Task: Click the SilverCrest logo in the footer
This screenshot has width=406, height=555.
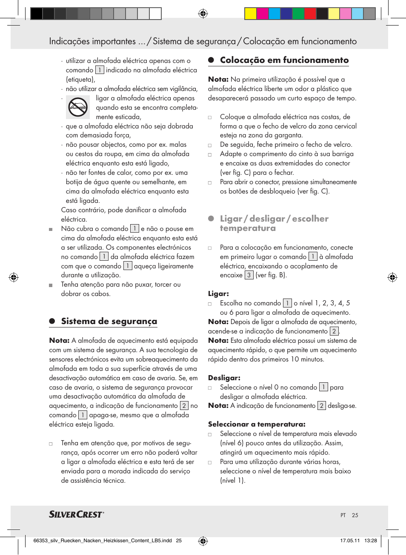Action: click(76, 514)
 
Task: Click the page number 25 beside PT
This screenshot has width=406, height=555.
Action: click(355, 515)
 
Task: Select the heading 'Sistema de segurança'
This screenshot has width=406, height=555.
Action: click(109, 321)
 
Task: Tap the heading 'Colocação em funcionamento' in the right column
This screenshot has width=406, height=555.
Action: click(284, 60)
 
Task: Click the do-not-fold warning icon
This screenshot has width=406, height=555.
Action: click(77, 107)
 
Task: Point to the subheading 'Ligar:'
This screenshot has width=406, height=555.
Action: click(218, 293)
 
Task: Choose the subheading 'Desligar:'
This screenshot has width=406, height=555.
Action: click(224, 378)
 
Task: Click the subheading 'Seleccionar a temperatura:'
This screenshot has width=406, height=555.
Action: click(257, 424)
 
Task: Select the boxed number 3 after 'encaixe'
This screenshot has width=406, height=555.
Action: click(249, 275)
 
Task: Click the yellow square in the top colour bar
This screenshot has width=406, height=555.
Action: click(250, 14)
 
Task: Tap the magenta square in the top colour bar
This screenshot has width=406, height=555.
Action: click(262, 14)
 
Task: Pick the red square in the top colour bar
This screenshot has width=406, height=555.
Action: click(310, 14)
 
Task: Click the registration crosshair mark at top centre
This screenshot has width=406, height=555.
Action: click(203, 14)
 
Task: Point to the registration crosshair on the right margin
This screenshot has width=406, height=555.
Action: click(392, 277)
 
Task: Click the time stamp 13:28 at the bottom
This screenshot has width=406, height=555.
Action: click(370, 541)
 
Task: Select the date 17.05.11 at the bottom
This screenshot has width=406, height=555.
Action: click(350, 541)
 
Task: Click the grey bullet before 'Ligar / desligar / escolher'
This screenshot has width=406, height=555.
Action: click(211, 219)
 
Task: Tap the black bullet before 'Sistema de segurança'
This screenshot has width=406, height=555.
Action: click(52, 322)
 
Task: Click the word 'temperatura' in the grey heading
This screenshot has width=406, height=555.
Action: click(248, 228)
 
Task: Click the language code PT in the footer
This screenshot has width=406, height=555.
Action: click(343, 515)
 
